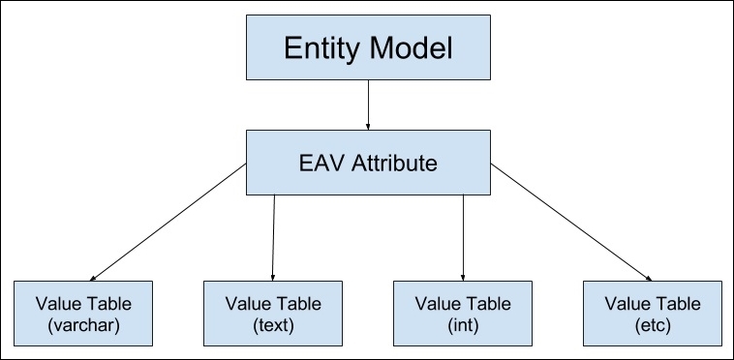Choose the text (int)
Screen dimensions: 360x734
coord(462,326)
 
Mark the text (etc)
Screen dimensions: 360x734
coord(651,326)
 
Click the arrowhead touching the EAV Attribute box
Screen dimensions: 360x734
coord(367,126)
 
